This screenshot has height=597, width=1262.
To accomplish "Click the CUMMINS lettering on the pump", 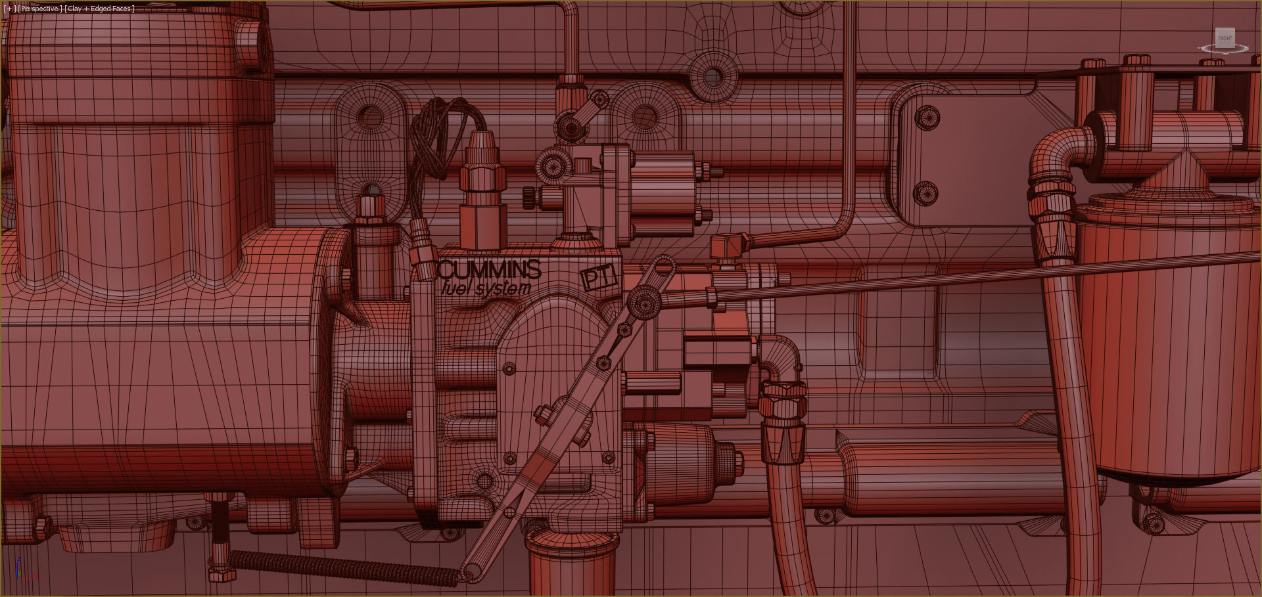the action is pos(489,270).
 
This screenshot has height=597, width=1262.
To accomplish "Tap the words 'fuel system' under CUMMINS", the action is pos(486,288).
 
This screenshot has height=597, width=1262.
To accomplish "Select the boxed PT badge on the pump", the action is pos(599,277).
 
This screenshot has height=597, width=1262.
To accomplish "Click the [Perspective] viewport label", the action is pos(40,9).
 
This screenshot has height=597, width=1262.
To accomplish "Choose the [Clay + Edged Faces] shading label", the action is pos(99,9).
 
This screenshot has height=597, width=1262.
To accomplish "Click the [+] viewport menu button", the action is pos(9,9).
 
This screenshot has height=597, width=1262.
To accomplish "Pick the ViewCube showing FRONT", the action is pos(1225,40).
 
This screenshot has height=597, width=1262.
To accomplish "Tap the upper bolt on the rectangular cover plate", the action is pos(927,118).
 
